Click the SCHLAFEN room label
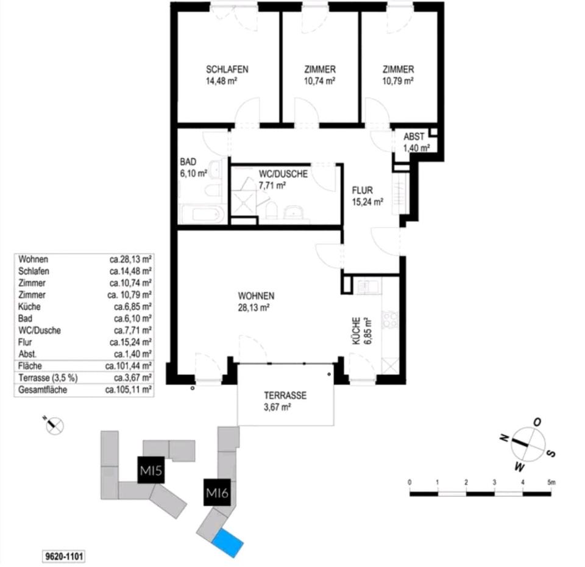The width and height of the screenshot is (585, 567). pos(227,69)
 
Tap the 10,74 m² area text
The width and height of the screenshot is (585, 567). pos(319,81)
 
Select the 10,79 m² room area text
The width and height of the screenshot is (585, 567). pos(399,81)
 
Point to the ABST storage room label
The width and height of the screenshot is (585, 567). pos(414,137)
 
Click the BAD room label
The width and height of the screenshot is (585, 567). pos(188,162)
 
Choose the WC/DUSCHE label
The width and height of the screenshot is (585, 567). pos(283,174)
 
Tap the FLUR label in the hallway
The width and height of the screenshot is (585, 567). pos(362,190)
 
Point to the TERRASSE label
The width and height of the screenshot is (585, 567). pos(285,395)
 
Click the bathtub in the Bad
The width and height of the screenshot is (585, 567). pos(202,215)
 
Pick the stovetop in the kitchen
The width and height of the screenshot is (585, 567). pos(389,319)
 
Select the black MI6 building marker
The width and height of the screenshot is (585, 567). pos(216,493)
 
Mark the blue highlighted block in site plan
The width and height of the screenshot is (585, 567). pos(228,542)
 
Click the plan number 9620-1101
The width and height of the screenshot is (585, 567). pos(63,555)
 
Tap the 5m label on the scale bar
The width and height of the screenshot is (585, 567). pos(551,482)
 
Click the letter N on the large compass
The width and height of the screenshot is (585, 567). pos(504,438)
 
